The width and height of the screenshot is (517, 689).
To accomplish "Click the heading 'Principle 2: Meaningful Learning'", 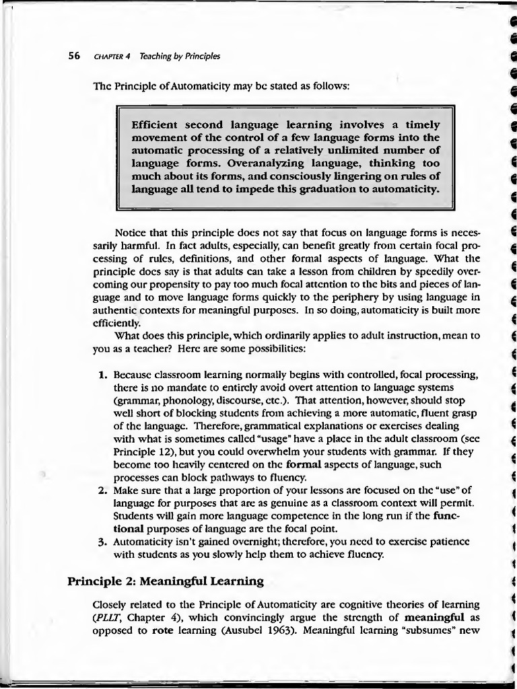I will pos(165,580).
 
